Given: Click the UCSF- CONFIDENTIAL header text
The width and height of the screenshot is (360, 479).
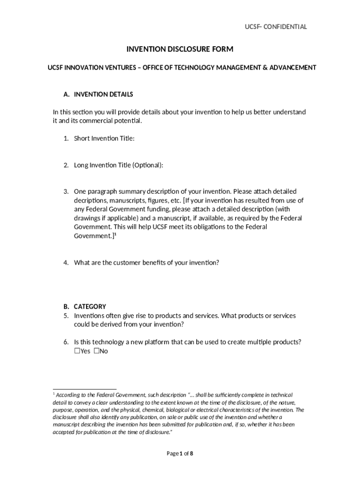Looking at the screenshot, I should point(276,27).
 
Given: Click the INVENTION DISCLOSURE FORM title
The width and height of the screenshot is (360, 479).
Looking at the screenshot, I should point(180,49).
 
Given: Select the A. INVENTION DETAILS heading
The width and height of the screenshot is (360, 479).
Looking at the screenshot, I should point(98,94).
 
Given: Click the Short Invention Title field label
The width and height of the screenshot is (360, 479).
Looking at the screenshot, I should point(104,138).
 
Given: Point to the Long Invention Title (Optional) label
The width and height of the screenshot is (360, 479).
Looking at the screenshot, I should point(119,165).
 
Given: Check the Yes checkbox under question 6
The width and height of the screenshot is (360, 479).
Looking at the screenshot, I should point(77,351).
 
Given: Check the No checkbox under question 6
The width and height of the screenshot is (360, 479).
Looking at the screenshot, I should point(96,351).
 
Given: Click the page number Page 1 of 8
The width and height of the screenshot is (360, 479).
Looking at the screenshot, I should point(180,453).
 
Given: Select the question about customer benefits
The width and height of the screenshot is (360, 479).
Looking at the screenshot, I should point(146,263).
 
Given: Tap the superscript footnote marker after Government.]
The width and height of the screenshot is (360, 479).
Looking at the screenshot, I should point(115,235).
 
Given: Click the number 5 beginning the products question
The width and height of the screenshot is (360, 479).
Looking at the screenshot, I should point(66,316).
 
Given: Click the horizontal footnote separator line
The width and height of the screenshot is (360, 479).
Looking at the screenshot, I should point(84,389).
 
